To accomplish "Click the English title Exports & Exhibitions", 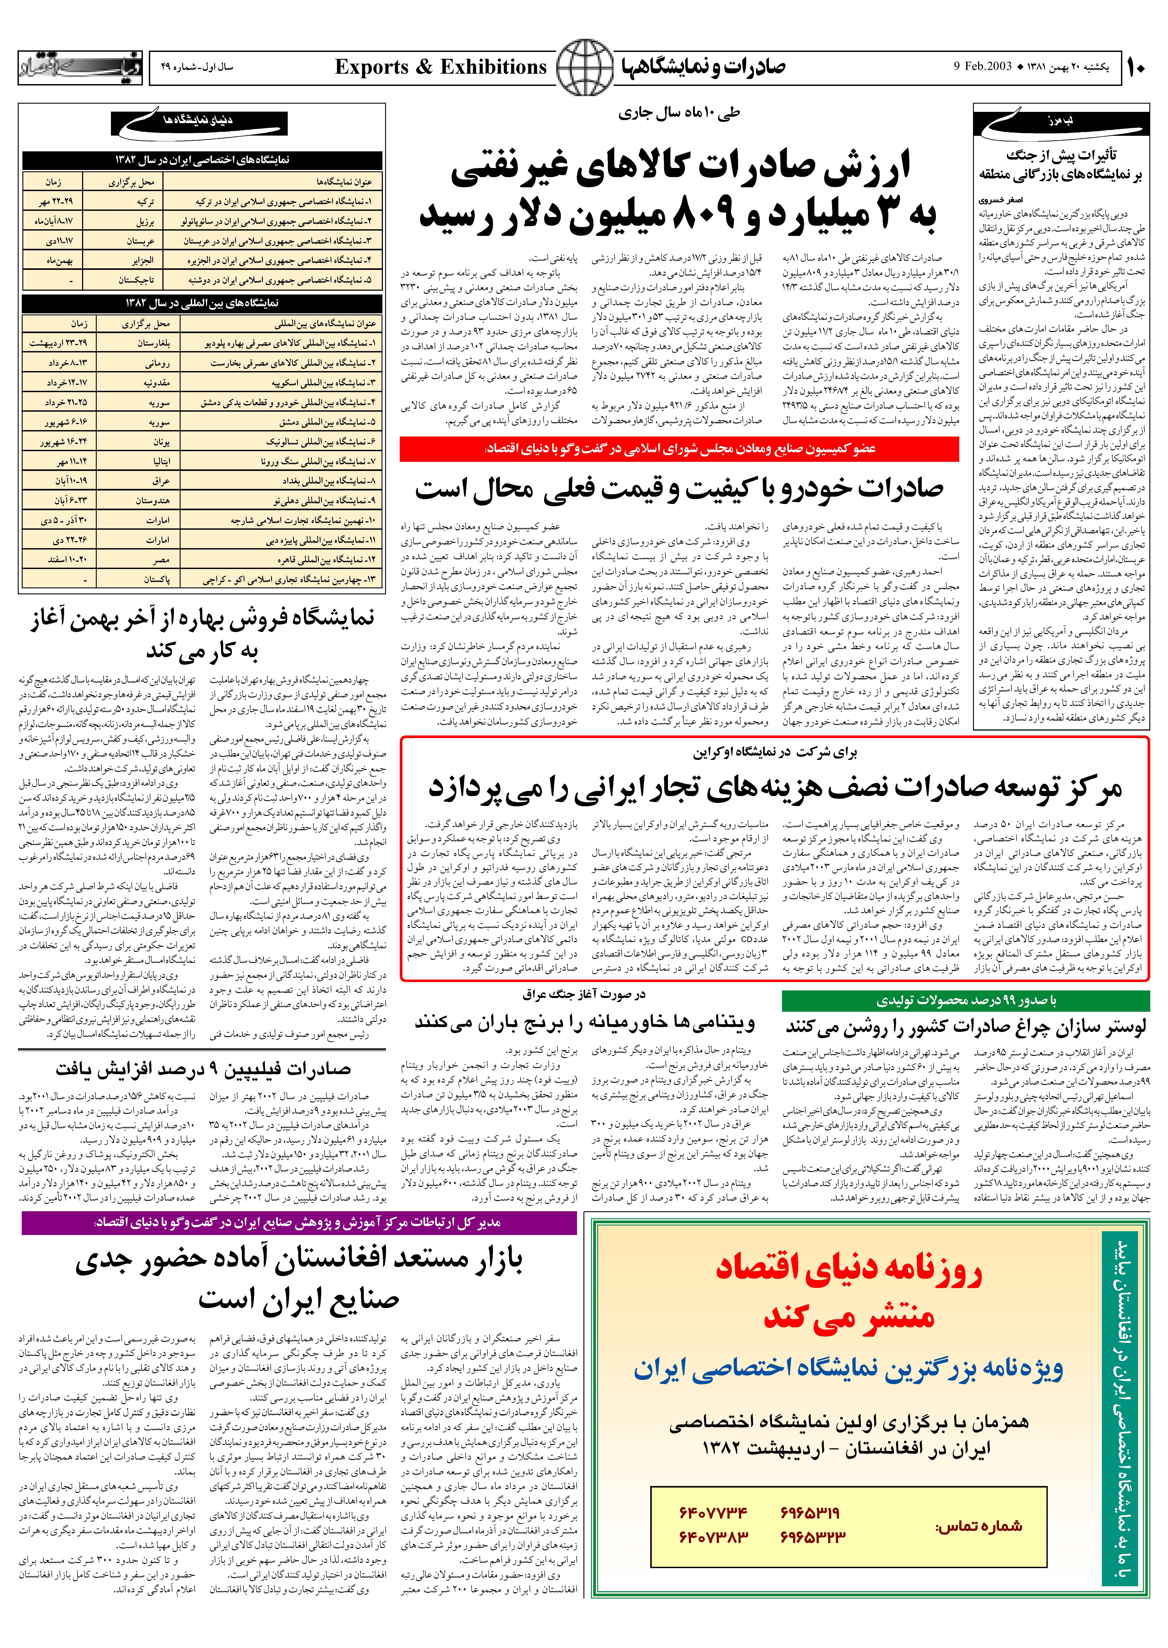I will pyautogui.click(x=441, y=68).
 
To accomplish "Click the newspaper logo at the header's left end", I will pyautogui.click(x=81, y=68).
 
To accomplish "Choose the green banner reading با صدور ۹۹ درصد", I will pyautogui.click(x=965, y=1001).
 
